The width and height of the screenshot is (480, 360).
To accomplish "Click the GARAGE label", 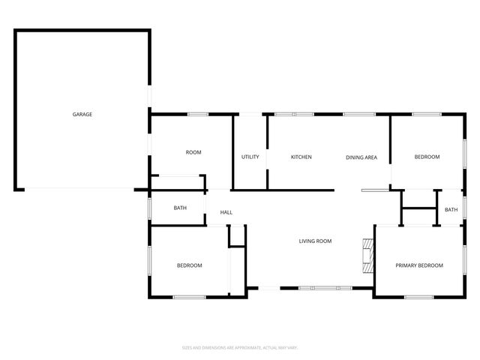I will coord(82,114).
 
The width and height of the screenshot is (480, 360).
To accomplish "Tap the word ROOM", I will coord(193,152).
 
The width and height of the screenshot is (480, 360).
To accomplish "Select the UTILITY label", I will coord(250,157).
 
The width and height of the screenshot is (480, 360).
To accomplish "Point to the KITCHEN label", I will coord(301,157).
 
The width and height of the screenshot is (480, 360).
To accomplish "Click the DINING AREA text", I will coord(361,157).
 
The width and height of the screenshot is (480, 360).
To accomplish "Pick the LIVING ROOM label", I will coord(315,241).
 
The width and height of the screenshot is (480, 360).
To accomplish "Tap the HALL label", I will coord(226,213).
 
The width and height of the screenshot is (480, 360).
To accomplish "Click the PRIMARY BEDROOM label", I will coord(419,265).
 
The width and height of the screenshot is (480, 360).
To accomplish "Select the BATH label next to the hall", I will coord(180,208).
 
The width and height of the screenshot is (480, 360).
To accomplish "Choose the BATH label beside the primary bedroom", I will coord(451,210).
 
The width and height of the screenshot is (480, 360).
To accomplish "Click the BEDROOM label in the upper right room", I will coord(427,157).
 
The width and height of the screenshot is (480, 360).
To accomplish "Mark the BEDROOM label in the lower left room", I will coord(189,265).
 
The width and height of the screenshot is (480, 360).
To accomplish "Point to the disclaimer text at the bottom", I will coord(240,347).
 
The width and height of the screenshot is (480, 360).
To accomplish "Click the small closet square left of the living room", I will coord(237,235).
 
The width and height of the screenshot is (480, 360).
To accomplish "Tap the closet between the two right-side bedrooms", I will coord(418,207).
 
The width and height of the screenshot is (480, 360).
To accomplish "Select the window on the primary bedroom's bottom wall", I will coord(418,298).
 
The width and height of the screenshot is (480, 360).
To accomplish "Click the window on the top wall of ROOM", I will coord(198,114).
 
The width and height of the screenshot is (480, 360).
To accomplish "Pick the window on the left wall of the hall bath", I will coord(150,208).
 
